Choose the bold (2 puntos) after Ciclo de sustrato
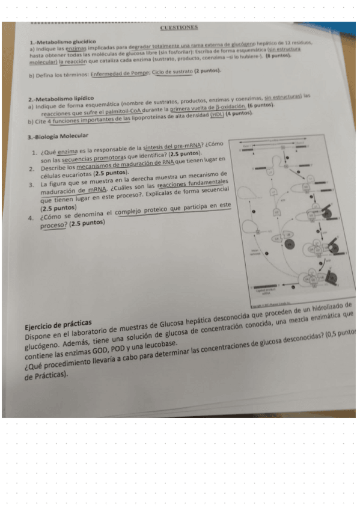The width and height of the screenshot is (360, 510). point(209,72)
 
